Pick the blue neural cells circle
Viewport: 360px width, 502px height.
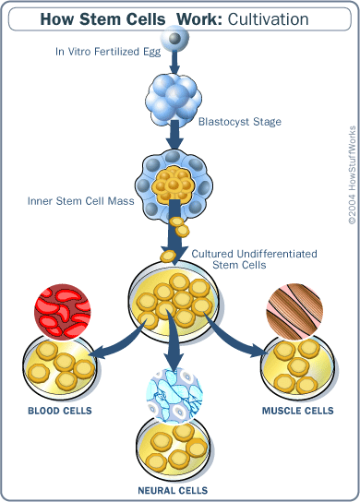(x=174, y=398)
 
